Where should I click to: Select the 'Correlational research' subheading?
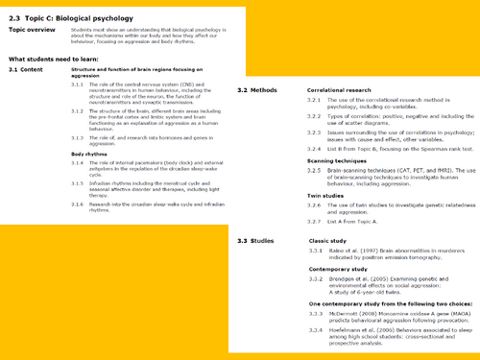point(336,89)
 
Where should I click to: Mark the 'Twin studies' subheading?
point(324,195)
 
